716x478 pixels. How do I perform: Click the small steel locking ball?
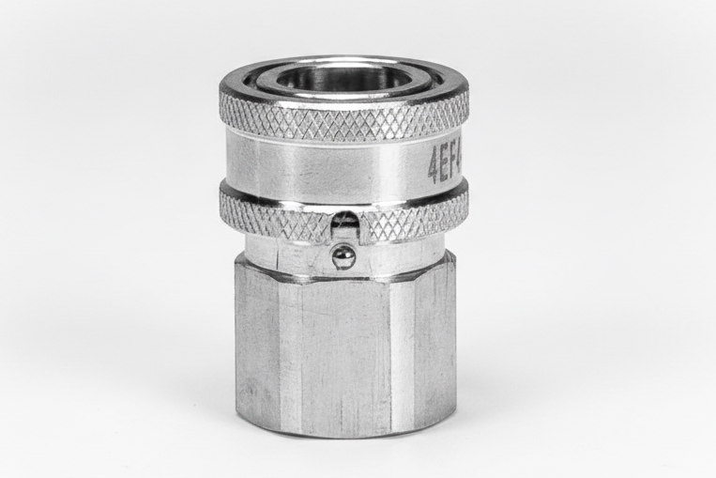344,255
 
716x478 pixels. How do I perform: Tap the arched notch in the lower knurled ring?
344,224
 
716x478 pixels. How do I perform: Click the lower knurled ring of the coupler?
282,216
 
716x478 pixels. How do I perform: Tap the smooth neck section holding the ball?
291,254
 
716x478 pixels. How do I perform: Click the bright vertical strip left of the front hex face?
289,357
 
